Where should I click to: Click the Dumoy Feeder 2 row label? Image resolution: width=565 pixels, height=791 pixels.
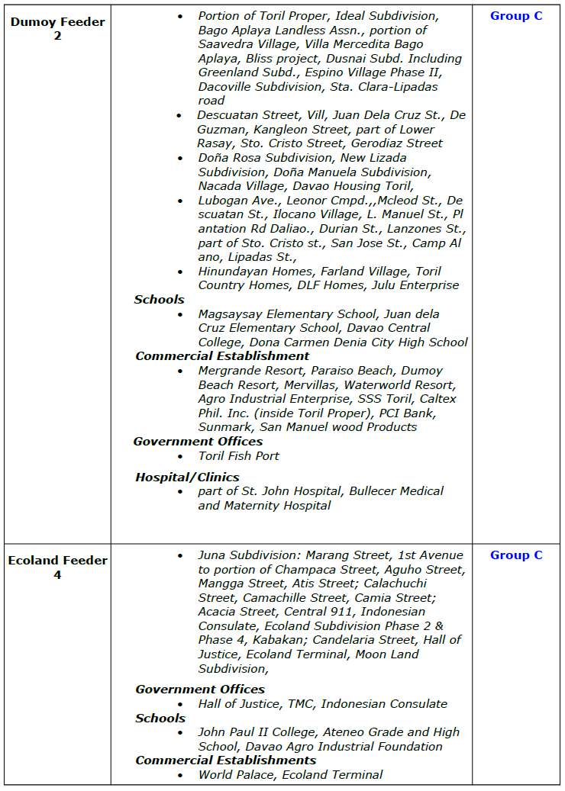[57, 28]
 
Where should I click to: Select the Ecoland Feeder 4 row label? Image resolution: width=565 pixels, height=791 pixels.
[57, 568]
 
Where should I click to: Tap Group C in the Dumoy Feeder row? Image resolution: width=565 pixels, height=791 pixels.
[516, 15]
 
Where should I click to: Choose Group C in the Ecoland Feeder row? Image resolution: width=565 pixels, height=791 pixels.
[516, 555]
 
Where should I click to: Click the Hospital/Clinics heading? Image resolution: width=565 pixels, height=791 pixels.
[187, 477]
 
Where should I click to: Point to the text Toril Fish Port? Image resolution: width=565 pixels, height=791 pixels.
[238, 455]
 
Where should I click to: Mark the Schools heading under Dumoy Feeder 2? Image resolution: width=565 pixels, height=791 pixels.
[160, 299]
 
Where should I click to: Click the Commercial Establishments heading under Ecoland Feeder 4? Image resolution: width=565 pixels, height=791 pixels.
[225, 760]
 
